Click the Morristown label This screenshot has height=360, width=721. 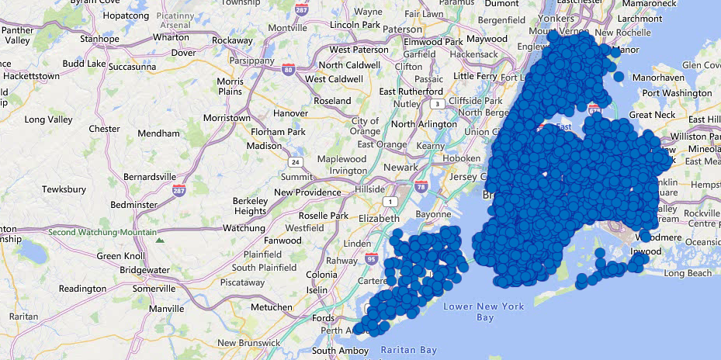pos(226,117)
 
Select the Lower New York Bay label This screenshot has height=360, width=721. pos(483,312)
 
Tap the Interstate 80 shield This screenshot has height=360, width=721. pos(289,70)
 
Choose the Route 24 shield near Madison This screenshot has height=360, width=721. pos(295,162)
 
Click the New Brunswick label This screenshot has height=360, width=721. pos(250,343)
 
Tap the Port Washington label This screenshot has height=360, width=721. pos(677,93)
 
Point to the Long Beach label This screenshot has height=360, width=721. pos(687,273)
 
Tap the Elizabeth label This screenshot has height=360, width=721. pos(379,218)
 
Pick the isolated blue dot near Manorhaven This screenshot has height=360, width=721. pos(619,76)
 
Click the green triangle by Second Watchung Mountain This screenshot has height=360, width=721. pos(161,241)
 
